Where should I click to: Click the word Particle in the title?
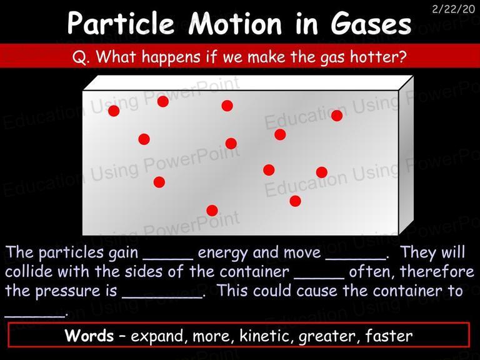[121, 23]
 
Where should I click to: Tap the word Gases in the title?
[371, 23]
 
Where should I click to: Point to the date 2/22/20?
[453, 9]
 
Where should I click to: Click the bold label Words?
[89, 335]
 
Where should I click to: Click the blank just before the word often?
[319, 278]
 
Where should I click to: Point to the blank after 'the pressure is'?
[162, 297]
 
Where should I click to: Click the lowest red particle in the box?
[212, 211]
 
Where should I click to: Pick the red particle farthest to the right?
[337, 116]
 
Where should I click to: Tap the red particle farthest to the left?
[114, 111]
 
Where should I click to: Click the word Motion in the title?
[235, 23]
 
